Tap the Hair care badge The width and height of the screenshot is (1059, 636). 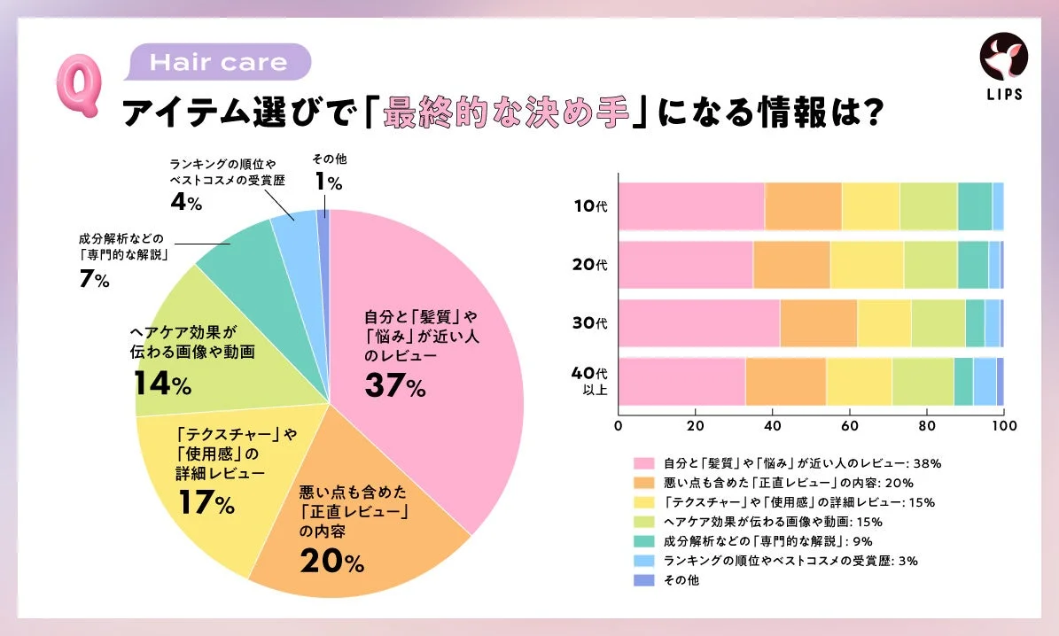coord(221,63)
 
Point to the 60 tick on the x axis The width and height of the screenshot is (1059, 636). coord(849,424)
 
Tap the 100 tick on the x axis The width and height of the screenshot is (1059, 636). coord(1003,424)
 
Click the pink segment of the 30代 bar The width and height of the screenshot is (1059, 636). coord(699,323)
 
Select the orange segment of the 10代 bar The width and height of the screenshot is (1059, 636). coord(803,206)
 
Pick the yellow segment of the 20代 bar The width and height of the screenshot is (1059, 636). coord(867,265)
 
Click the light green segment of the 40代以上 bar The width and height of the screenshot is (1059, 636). coord(923,382)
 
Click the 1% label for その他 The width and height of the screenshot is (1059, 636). coord(327,182)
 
